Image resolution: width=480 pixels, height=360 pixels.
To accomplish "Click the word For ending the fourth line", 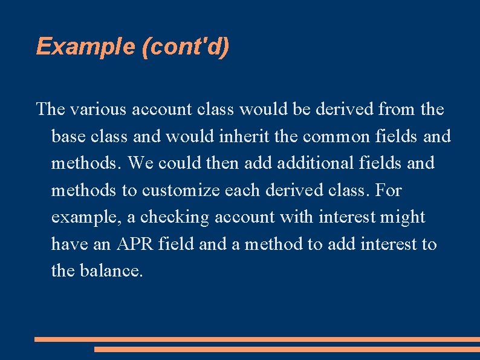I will [x=388, y=191].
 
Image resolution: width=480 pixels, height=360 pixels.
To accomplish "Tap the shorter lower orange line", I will [x=287, y=349].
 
